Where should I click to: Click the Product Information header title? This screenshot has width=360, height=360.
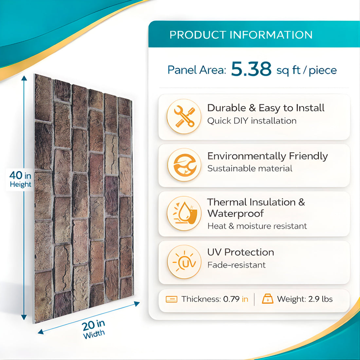click(241, 35)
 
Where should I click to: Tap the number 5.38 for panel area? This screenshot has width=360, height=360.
click(251, 69)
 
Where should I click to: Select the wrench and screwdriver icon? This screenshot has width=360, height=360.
click(184, 117)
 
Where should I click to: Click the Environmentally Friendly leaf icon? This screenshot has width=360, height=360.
click(184, 165)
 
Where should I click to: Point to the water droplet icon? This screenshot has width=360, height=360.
click(184, 213)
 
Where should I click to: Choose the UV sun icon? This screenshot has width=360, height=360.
click(184, 262)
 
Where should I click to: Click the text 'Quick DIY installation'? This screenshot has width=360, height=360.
click(252, 121)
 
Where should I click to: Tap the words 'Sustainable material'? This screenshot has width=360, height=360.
click(250, 169)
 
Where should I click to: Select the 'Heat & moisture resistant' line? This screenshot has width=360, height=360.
click(257, 226)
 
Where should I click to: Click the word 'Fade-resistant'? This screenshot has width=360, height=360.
click(236, 265)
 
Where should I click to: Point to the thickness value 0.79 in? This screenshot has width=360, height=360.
click(236, 299)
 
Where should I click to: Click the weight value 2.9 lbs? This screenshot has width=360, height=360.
click(320, 299)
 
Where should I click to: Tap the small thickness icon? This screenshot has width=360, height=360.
click(171, 299)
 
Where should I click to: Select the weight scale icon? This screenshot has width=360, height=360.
click(267, 299)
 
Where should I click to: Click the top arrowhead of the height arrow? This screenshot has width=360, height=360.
click(24, 79)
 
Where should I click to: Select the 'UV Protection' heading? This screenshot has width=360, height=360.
click(241, 252)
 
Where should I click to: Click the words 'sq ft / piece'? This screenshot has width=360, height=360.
click(306, 70)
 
